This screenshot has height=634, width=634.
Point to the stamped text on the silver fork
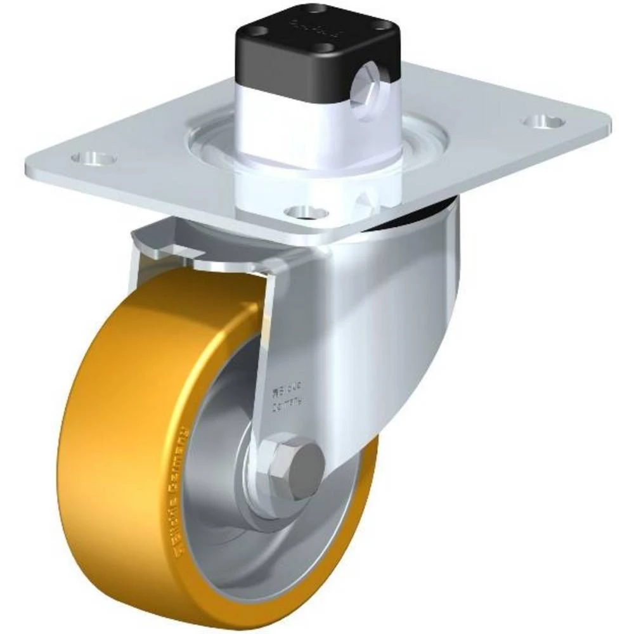288,394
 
